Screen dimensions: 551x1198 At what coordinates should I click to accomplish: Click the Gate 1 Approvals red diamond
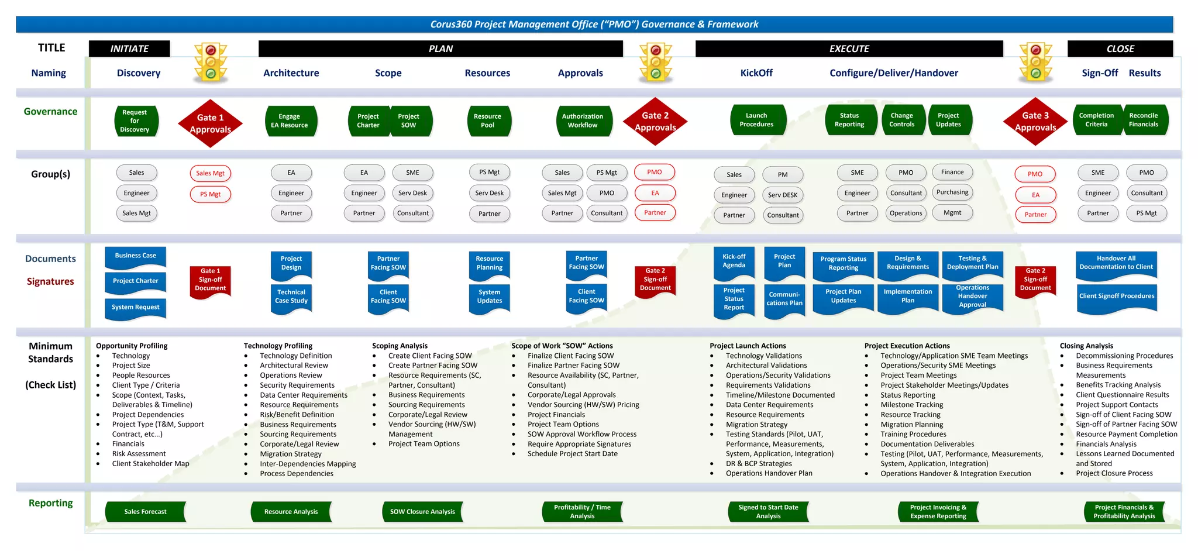point(210,123)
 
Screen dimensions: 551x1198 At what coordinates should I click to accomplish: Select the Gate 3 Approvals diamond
point(1035,122)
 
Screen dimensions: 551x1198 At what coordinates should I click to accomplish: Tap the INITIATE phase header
point(129,49)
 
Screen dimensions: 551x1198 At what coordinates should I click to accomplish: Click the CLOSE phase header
point(1120,49)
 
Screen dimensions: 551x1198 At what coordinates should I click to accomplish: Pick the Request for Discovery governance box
point(135,121)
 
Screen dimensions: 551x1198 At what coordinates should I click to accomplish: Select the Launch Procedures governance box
point(756,120)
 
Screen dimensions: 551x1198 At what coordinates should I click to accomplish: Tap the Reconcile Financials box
point(1144,120)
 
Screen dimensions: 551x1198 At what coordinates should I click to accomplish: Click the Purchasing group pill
point(952,192)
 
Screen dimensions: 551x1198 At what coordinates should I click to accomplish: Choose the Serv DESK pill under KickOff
point(783,195)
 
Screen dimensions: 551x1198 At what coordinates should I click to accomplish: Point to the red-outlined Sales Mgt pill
point(211,173)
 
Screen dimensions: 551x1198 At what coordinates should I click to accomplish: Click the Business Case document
point(136,256)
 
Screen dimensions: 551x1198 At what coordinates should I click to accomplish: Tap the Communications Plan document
point(784,299)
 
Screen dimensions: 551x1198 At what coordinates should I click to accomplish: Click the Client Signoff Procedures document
point(1117,297)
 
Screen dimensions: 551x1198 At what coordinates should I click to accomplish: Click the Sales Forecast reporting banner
point(146,512)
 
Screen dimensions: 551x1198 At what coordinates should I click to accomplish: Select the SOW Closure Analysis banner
point(422,512)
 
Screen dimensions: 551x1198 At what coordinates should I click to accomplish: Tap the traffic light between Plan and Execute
point(656,61)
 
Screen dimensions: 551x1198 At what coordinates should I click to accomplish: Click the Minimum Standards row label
point(51,353)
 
